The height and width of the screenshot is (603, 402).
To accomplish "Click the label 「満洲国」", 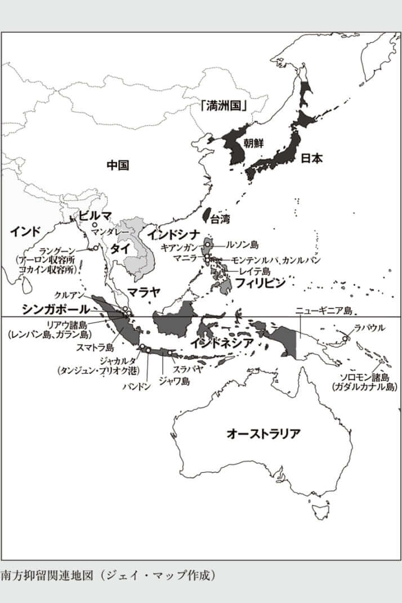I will [226, 105].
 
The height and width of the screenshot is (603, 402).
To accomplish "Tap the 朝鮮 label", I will [253, 142].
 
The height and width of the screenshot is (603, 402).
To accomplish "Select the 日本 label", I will [311, 158].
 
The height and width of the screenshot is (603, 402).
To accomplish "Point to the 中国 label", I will [118, 165].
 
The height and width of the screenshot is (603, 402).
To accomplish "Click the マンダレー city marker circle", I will [95, 225].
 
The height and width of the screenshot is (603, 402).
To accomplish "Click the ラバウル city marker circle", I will [346, 338].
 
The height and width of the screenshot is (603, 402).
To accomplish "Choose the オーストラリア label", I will [263, 434].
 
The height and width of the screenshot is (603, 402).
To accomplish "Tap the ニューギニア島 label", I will [323, 311].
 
